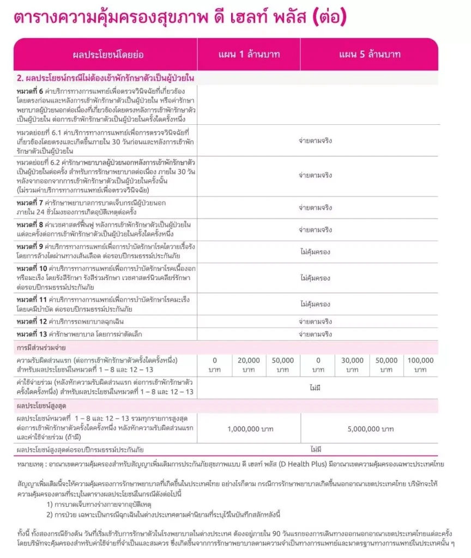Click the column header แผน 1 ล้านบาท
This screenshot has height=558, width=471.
click(x=248, y=54)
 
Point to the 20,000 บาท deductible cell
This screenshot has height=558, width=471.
click(x=248, y=365)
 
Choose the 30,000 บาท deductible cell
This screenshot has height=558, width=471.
click(x=352, y=365)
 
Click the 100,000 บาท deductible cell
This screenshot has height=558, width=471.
click(x=420, y=365)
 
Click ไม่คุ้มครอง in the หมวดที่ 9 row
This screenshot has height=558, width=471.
click(x=315, y=252)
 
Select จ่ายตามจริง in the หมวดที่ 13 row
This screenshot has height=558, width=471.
click(x=315, y=333)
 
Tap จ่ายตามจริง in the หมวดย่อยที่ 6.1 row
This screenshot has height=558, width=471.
click(x=315, y=141)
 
